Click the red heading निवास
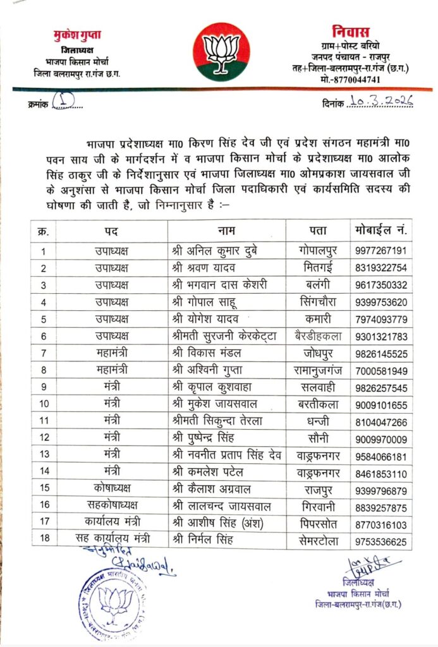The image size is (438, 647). coord(350,32)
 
